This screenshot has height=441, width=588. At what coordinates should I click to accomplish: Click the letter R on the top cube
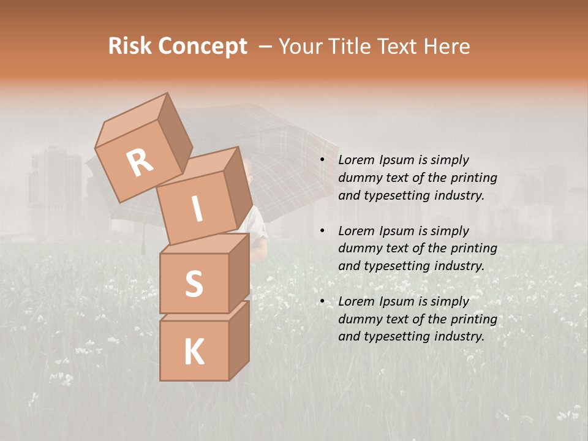point(140,163)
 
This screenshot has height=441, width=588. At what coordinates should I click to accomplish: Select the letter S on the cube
point(194,284)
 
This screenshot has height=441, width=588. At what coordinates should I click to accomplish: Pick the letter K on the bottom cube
point(194,352)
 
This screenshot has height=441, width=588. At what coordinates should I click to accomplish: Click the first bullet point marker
point(322,160)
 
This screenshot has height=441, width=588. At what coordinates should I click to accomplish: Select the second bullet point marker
point(322,231)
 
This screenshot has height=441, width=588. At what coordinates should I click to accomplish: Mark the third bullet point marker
point(322,301)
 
